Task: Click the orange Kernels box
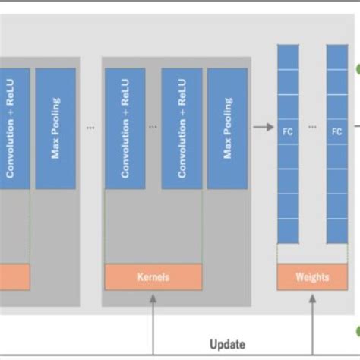153,277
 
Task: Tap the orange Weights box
312,277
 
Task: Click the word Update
227,344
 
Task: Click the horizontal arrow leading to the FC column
264,128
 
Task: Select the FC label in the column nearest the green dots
337,130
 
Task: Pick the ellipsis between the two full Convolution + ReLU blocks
153,128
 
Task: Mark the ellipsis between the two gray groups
91,128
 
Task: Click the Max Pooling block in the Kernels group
226,128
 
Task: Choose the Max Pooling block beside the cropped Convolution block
55,128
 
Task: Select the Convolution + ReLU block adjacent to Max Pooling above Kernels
182,128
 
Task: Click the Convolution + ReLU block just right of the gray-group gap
125,128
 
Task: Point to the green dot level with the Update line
357,331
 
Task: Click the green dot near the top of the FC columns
357,70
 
